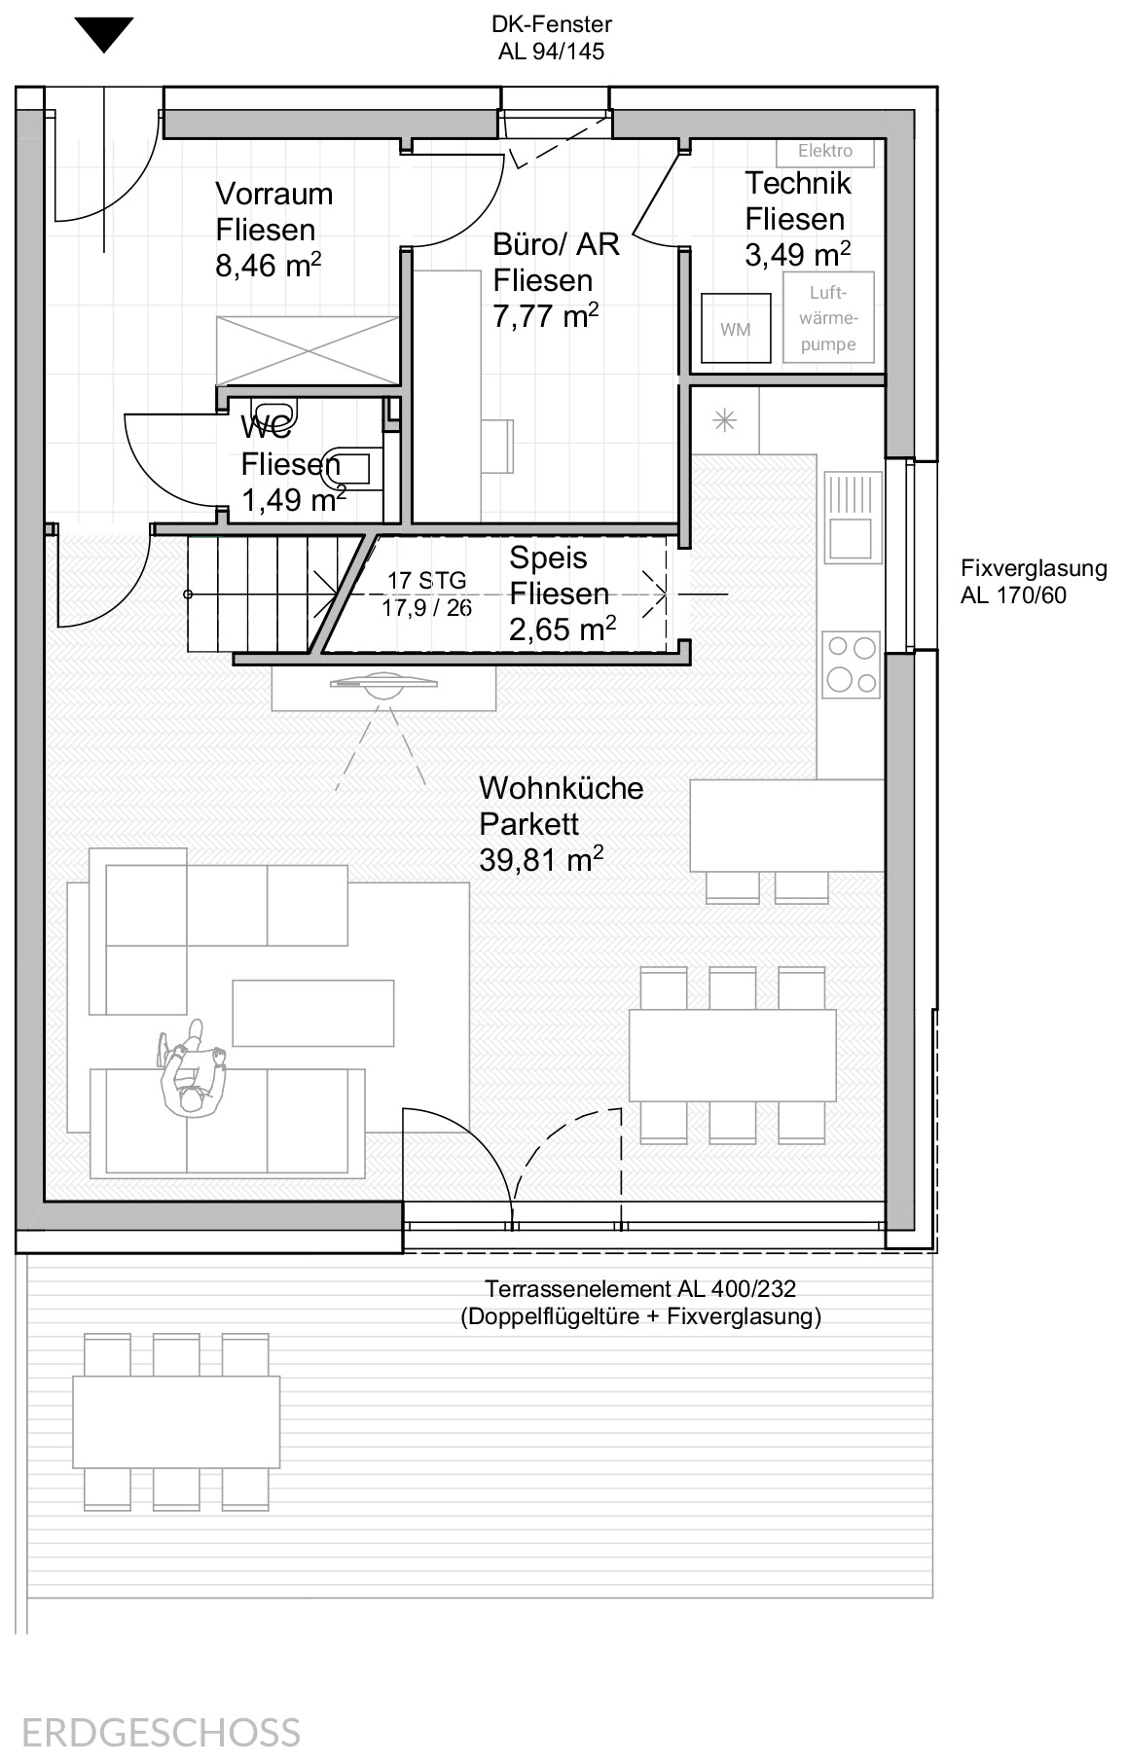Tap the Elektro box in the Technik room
pos(825,151)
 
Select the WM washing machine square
pos(736,329)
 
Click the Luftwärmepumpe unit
pos(828,318)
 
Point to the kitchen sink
pos(853,518)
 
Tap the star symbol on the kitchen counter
pos(725,421)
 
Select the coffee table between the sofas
pos(313,1013)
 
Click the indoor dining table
pos(733,1055)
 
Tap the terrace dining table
pos(176,1421)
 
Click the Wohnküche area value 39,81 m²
pos(541,860)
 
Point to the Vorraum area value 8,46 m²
pos(269,265)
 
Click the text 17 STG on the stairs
pos(426,581)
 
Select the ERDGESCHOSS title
pos(161,1734)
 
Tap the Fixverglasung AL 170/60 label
pos(1034,582)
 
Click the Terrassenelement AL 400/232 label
pos(640,1289)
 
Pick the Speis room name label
pos(549,557)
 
